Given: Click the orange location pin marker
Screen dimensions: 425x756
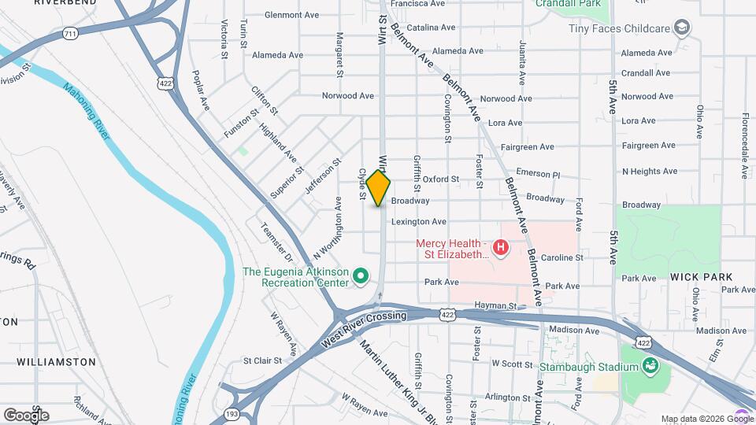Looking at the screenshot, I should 379,188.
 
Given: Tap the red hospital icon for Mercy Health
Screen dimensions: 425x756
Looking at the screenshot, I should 500,249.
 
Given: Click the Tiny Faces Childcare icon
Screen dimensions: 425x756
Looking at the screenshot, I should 682,28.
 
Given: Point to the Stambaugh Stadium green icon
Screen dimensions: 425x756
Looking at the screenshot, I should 650,366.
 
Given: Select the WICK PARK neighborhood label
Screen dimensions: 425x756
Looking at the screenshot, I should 701,277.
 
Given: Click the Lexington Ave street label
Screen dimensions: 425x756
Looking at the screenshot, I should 419,222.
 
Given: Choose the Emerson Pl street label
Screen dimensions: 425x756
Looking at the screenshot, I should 538,173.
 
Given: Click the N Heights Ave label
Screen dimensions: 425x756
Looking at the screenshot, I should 649,171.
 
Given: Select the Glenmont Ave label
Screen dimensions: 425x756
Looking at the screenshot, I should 291,15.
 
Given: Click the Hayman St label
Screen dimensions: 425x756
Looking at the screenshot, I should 495,305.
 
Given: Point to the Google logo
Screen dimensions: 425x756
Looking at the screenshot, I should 26,415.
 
